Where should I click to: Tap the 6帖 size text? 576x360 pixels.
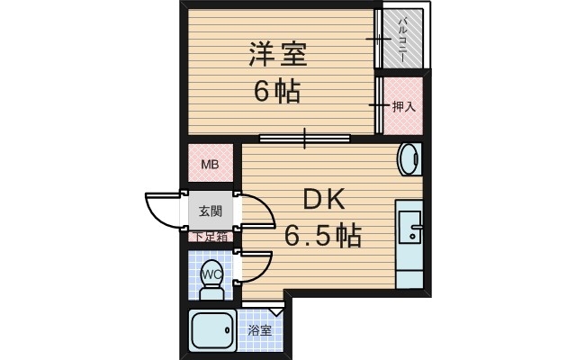tap(276, 92)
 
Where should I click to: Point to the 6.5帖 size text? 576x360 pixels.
tap(323, 237)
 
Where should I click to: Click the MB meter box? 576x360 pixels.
tap(210, 165)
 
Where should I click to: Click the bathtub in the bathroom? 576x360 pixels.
tap(212, 332)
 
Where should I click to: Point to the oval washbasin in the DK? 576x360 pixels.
tap(409, 160)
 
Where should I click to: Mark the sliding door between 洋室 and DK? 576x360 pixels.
tap(304, 139)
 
